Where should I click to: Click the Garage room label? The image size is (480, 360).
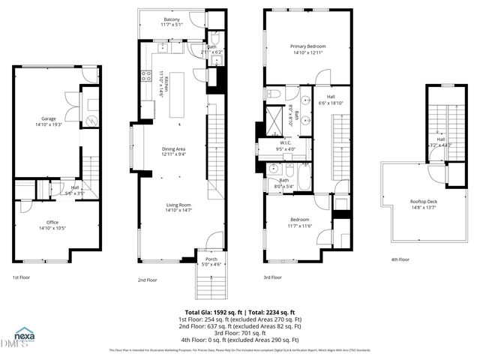tap(47, 121)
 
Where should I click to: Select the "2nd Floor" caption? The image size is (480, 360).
tap(147, 279)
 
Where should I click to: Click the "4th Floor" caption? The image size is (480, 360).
tap(400, 259)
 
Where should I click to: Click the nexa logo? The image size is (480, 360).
tap(24, 335)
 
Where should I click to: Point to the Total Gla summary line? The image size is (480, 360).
tap(239, 312)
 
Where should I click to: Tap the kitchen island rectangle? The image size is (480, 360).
tap(177, 98)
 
